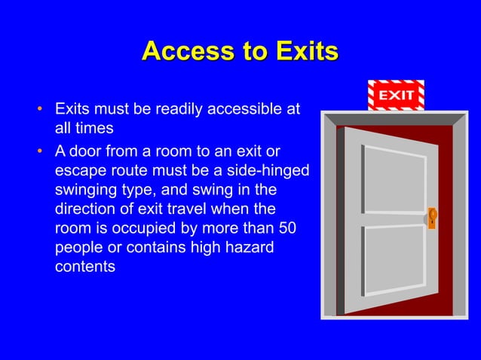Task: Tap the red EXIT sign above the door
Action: [396, 96]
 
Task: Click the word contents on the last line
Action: [85, 267]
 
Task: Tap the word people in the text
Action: [78, 247]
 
